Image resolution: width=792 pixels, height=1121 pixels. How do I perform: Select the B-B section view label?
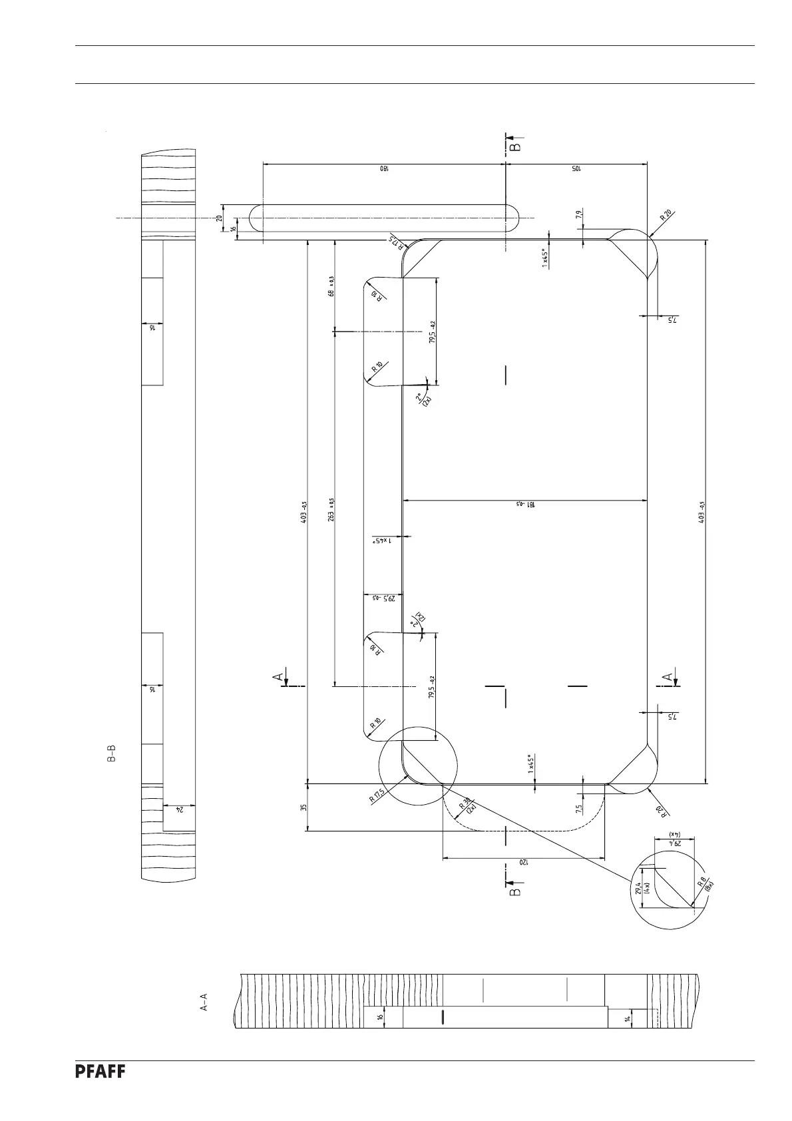[x=112, y=754]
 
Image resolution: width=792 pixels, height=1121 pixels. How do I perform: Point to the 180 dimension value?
[x=385, y=169]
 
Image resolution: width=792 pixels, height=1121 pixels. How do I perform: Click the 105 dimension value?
[x=576, y=169]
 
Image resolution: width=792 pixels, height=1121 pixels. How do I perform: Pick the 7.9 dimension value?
[x=579, y=214]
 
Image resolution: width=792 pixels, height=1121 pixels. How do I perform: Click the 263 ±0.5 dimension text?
[x=331, y=510]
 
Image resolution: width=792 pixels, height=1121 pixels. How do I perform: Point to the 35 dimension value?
[x=303, y=807]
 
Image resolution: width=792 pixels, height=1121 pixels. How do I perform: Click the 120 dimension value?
[x=523, y=863]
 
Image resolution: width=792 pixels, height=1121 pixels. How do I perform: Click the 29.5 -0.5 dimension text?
[x=384, y=598]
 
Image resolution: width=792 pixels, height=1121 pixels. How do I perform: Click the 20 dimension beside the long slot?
[x=220, y=218]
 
